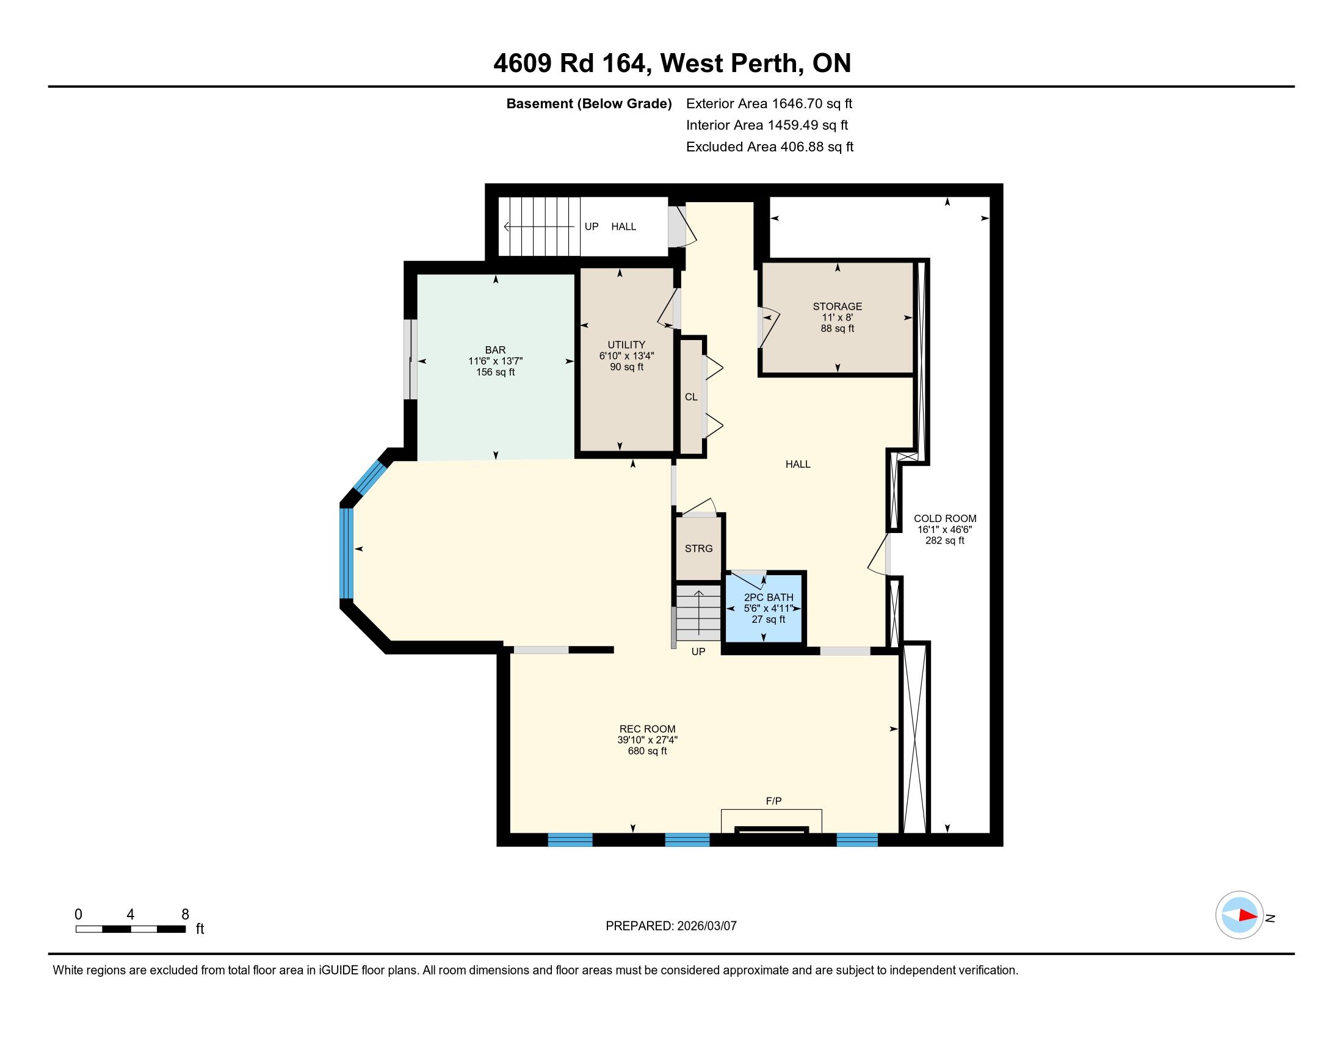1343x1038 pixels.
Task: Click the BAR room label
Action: click(x=495, y=350)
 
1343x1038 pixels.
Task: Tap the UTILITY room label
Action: click(x=626, y=345)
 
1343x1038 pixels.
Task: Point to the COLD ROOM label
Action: click(x=944, y=518)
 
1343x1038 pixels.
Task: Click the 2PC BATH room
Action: click(x=764, y=608)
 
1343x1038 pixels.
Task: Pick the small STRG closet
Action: click(x=698, y=548)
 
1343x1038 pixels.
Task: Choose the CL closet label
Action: click(x=691, y=397)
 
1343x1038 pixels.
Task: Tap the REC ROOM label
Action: click(x=647, y=729)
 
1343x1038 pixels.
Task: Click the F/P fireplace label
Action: click(x=773, y=800)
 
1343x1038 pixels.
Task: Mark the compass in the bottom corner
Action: click(x=1240, y=915)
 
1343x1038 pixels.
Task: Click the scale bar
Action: click(x=131, y=929)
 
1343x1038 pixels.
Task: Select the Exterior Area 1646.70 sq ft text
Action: click(x=769, y=103)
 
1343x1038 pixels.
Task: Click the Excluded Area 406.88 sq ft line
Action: click(x=770, y=147)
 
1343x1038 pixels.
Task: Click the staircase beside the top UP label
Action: click(x=538, y=227)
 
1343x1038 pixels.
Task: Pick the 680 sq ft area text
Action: click(x=647, y=751)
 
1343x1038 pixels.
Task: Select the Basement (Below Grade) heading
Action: click(x=588, y=103)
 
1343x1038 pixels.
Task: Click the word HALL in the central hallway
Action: click(x=798, y=464)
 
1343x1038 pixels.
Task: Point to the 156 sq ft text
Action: click(x=495, y=372)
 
